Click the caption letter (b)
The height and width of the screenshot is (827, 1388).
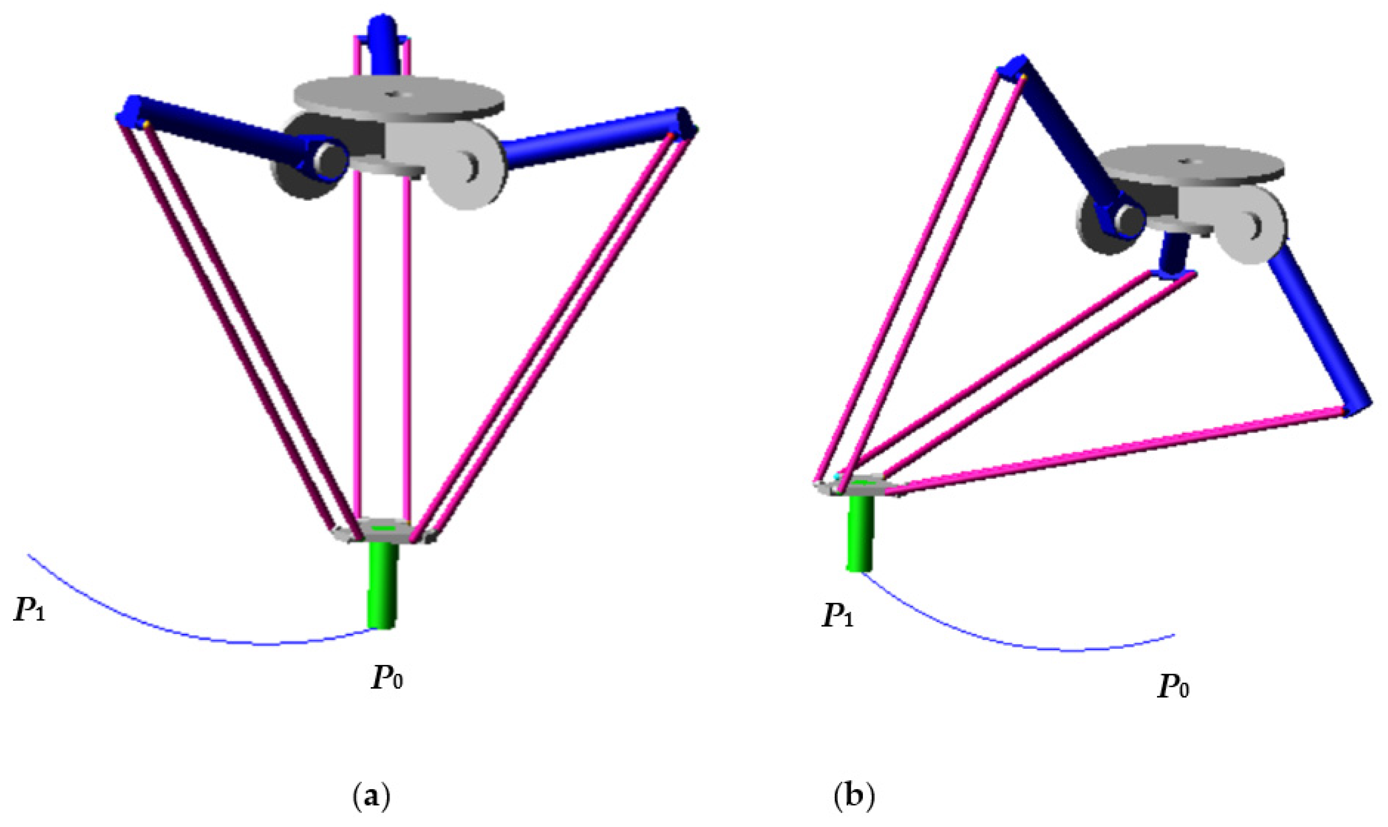point(854,798)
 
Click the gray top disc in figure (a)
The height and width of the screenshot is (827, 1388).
point(398,100)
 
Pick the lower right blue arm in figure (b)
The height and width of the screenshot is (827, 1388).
point(1321,334)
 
